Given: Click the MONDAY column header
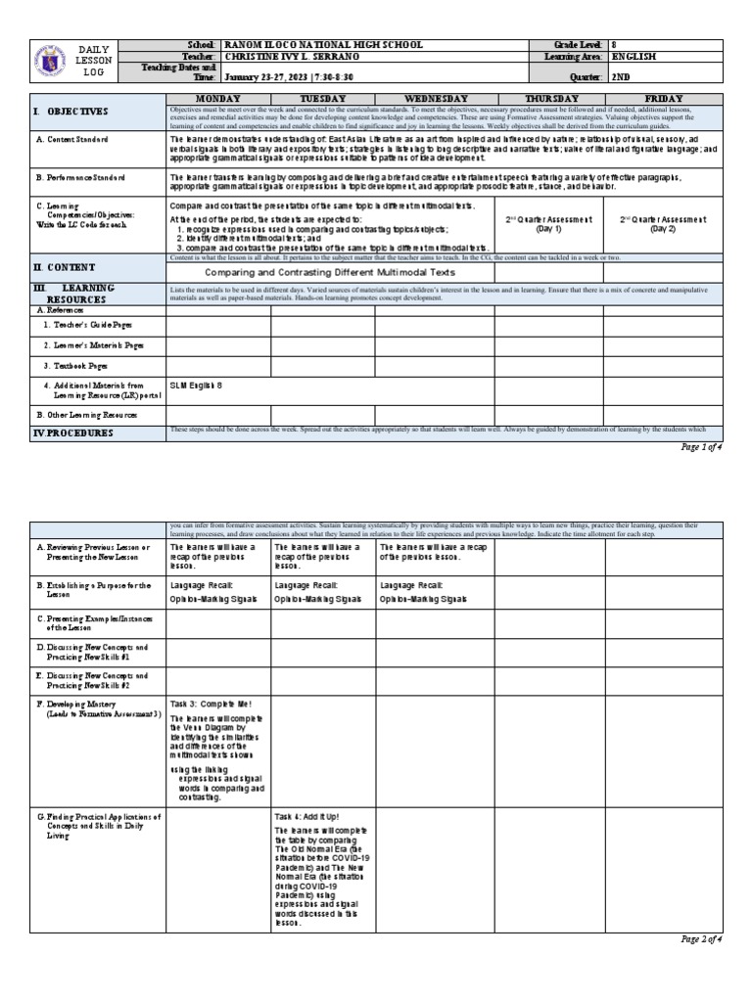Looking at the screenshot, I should pyautogui.click(x=218, y=99).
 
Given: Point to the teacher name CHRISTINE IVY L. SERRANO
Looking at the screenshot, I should pyautogui.click(x=291, y=58).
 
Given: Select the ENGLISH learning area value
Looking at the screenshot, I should pyautogui.click(x=634, y=58).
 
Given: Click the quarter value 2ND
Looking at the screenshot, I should pyautogui.click(x=621, y=75).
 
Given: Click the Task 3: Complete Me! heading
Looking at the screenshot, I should pyautogui.click(x=204, y=703).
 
